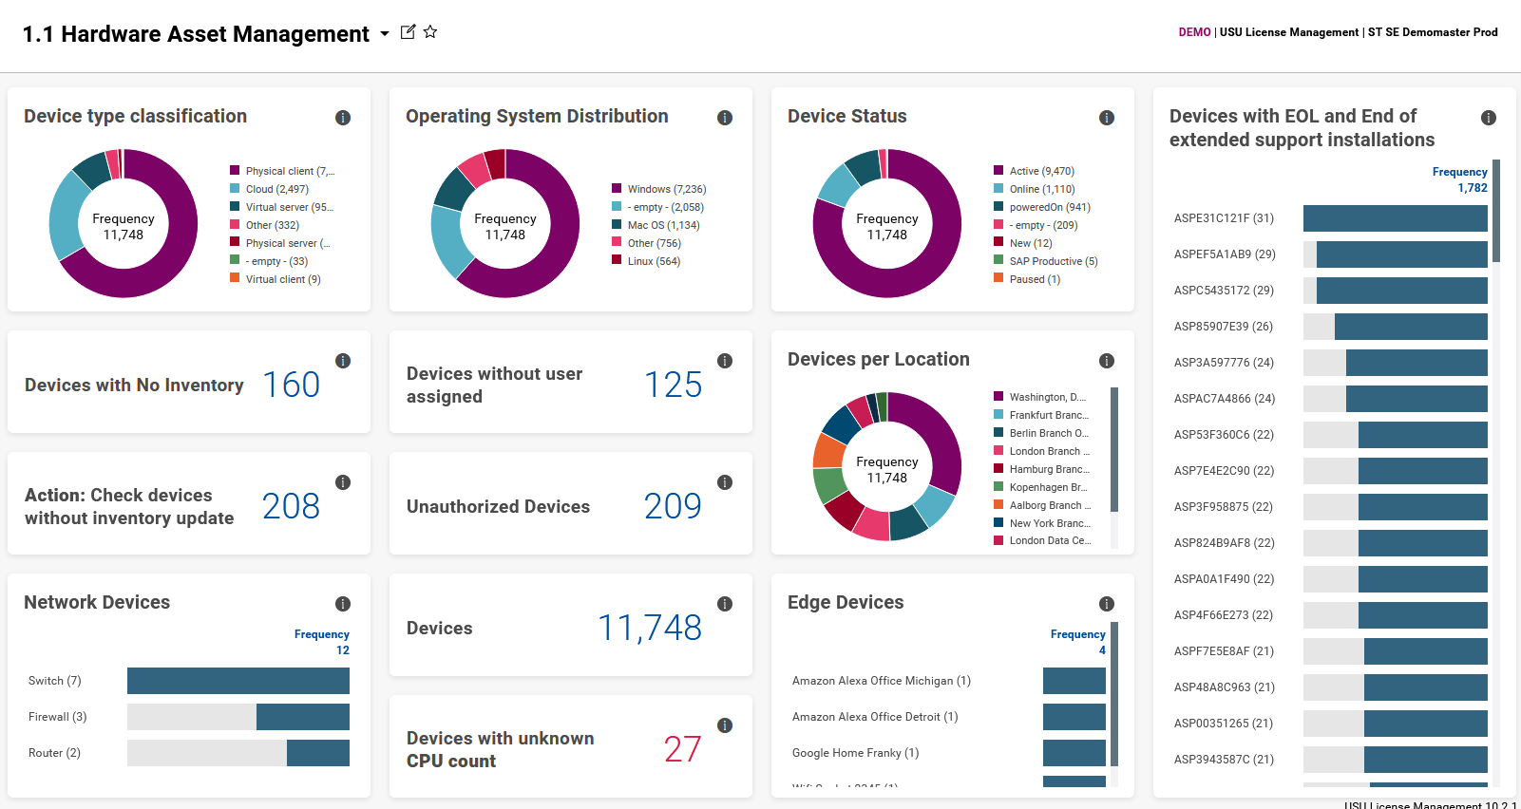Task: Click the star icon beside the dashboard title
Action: click(430, 32)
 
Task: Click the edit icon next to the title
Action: click(408, 32)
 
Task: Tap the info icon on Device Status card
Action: click(1107, 118)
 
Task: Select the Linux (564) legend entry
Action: click(654, 261)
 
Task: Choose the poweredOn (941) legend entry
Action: click(1049, 207)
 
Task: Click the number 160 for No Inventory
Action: click(291, 385)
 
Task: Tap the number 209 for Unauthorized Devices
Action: click(673, 506)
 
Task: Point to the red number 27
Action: click(682, 749)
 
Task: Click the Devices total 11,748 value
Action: click(650, 628)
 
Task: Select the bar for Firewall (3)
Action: click(302, 717)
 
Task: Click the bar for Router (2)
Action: click(317, 753)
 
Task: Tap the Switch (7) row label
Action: click(55, 681)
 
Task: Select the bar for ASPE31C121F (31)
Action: click(1395, 218)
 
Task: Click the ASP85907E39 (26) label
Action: click(1224, 327)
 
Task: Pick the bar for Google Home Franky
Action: click(1074, 753)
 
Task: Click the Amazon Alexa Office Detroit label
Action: click(875, 717)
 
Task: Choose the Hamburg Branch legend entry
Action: click(1049, 469)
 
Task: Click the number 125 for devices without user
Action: click(673, 385)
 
